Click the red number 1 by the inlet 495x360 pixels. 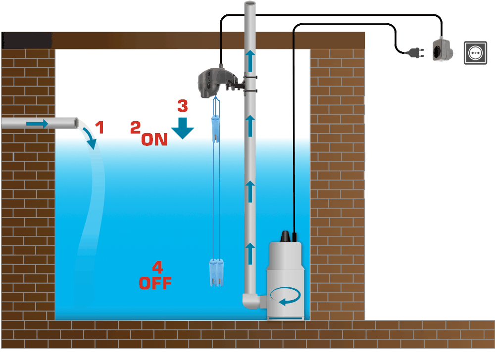point(99,128)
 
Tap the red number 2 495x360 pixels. point(135,127)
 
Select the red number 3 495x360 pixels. point(183,105)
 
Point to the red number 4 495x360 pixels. point(157,268)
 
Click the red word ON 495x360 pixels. point(154,139)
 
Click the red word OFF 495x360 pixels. point(155,283)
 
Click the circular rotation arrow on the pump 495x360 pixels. point(286,297)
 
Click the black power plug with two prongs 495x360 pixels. point(412,51)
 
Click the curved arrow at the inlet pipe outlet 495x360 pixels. point(90,137)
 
